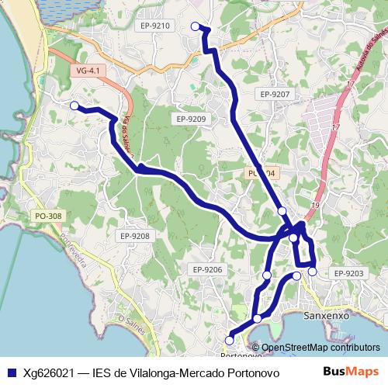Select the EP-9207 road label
[x=275, y=94]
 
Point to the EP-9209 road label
[x=191, y=119]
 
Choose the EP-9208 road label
[x=135, y=236]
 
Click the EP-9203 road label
[x=348, y=273]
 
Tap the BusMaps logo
[x=352, y=371]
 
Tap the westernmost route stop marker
[x=74, y=106]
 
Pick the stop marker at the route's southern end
[x=229, y=340]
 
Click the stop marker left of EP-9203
[x=312, y=271]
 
